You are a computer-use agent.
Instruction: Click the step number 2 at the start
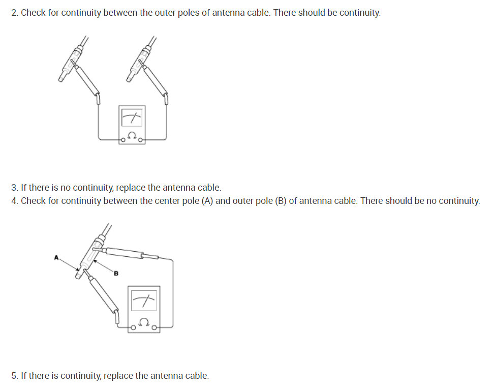point(15,13)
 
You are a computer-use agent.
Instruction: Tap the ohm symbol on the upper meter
point(132,136)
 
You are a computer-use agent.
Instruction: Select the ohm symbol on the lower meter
point(145,322)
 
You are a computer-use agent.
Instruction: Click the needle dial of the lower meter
point(145,302)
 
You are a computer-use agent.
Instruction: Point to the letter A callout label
point(57,258)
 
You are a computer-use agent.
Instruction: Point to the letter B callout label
point(116,274)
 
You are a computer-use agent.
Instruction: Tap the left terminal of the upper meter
point(123,139)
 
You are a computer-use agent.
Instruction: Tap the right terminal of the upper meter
point(141,139)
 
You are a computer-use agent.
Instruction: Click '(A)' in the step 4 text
point(207,201)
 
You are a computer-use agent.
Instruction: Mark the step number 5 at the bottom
point(14,376)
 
